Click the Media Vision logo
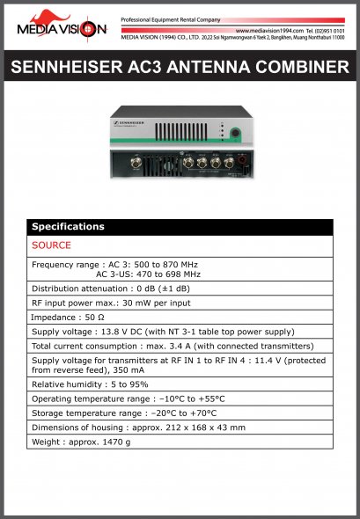(61, 26)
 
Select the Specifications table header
(180, 227)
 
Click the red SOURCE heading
(51, 245)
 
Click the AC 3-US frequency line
(148, 274)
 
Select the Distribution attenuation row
(111, 289)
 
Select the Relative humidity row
(90, 384)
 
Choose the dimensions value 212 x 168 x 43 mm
(195, 427)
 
